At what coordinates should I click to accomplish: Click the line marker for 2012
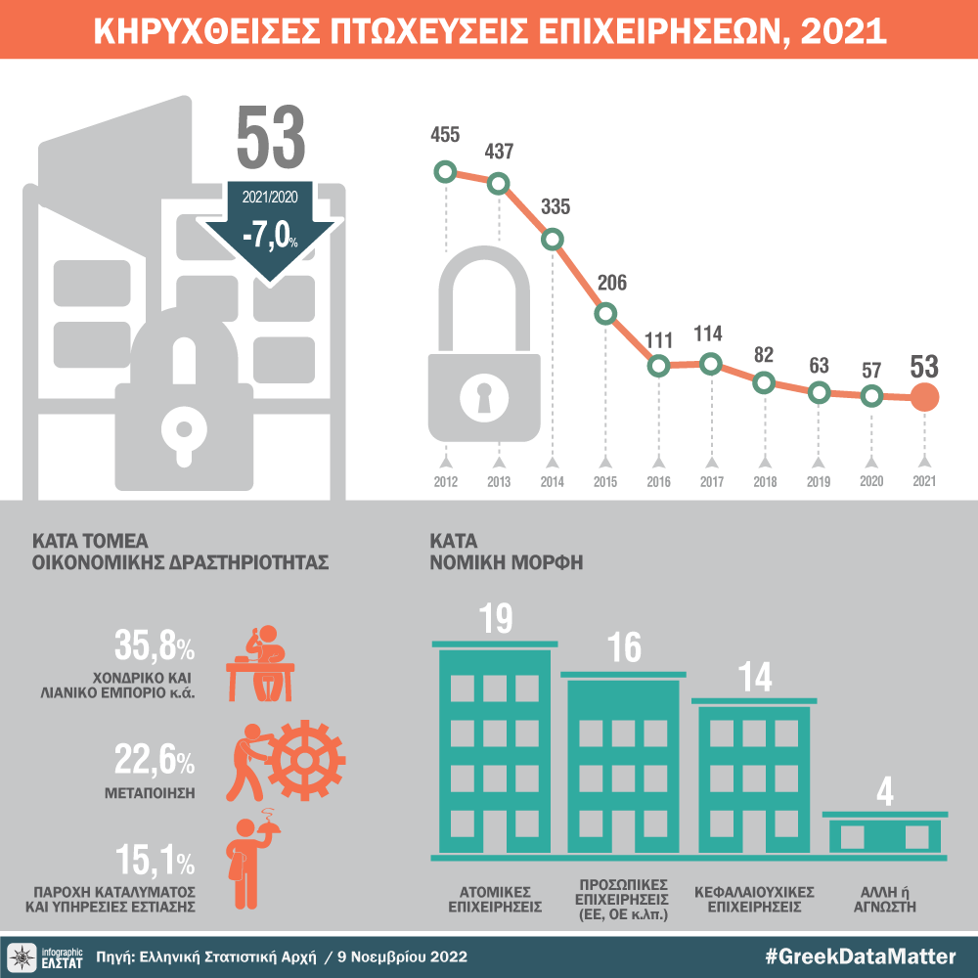coord(446,173)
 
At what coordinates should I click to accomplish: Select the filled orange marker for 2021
coord(924,397)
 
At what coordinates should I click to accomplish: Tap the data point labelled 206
coord(605,313)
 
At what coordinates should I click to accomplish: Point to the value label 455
coord(445,135)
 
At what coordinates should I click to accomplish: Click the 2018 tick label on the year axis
coord(765,481)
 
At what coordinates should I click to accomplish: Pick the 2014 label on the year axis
coord(552,481)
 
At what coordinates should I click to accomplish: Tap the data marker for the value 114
coord(711,364)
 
